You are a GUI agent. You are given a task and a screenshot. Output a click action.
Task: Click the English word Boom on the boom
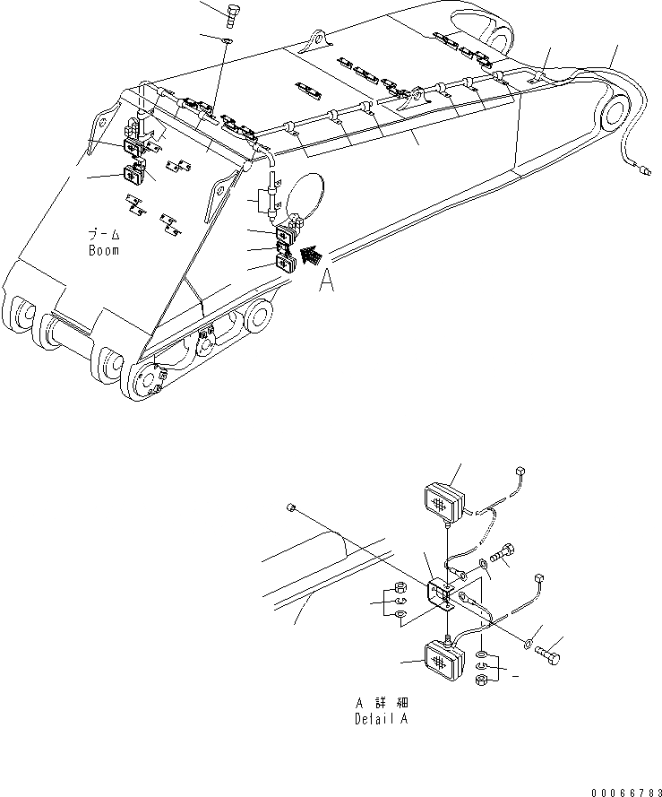(x=103, y=250)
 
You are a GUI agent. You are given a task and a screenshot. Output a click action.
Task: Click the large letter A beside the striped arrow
(x=328, y=282)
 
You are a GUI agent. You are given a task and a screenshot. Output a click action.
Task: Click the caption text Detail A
(x=383, y=719)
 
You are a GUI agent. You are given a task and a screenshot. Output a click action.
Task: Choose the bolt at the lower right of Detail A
(x=550, y=658)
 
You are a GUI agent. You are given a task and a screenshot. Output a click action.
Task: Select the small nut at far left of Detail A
(x=292, y=508)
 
